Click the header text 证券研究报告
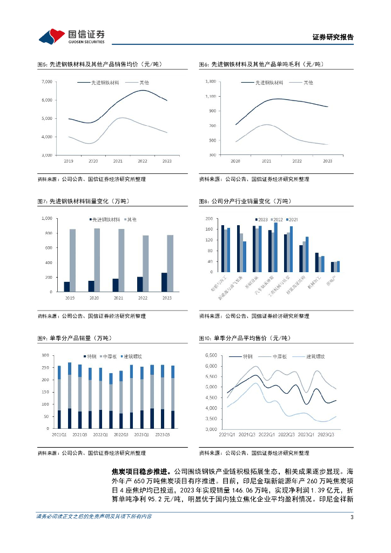point(333,37)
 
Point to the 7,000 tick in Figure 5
point(46,82)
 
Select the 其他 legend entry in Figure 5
point(145,83)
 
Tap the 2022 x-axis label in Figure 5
point(143,161)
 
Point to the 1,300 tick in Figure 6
point(210,82)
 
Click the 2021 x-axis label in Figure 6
point(266,161)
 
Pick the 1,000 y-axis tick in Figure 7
point(47,218)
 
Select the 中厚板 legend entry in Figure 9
point(112,357)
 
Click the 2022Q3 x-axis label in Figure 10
point(286,434)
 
